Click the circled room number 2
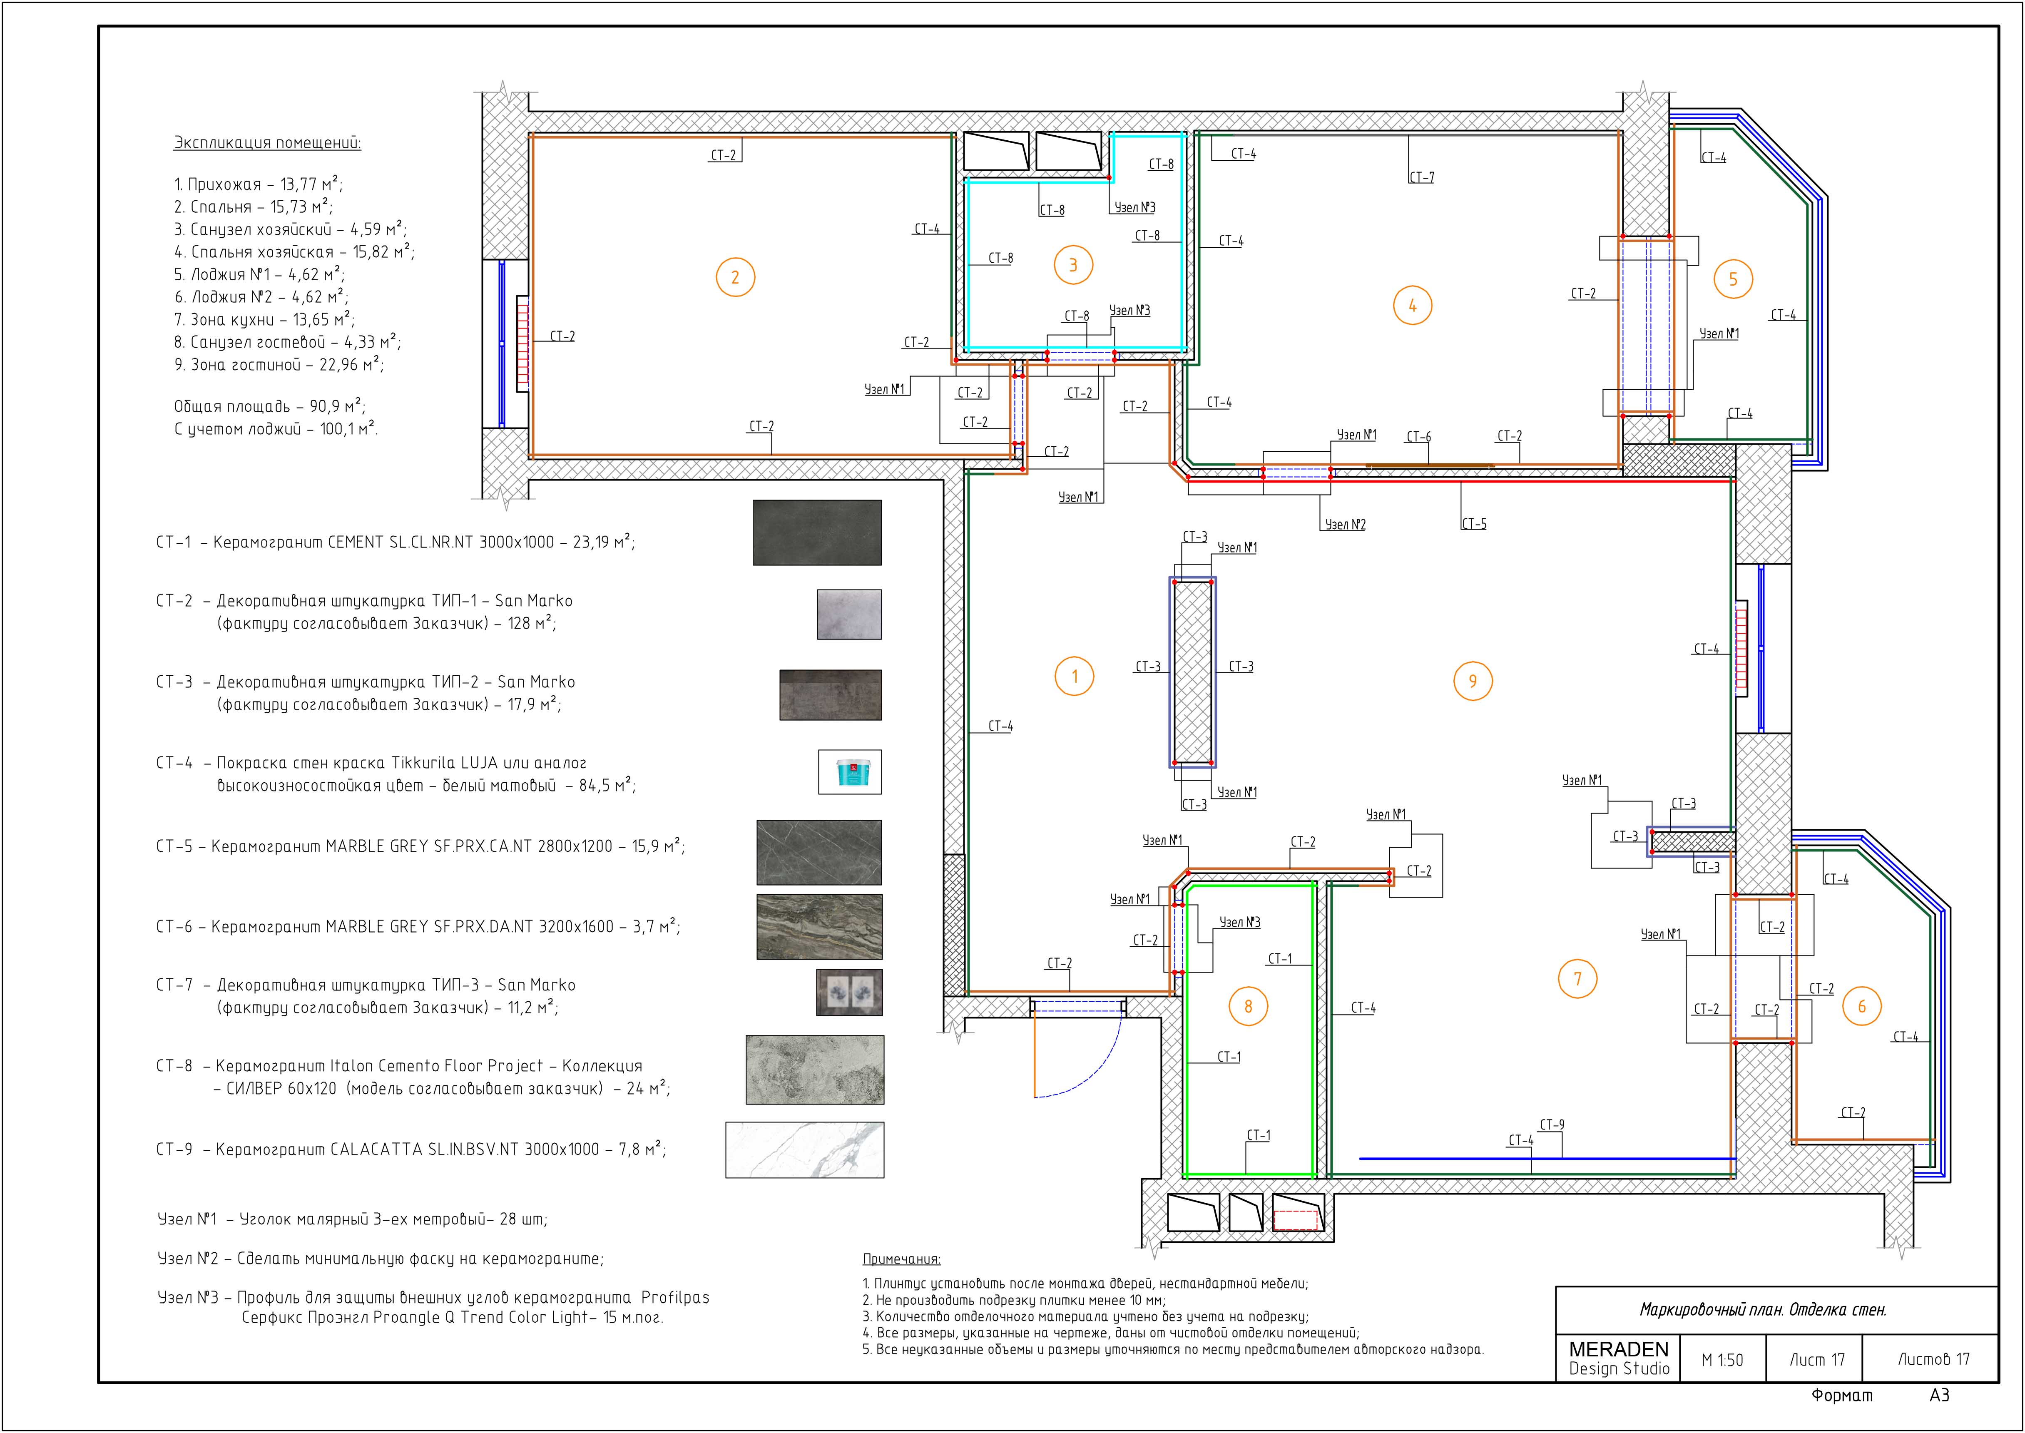click(735, 277)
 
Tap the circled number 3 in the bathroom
click(1073, 265)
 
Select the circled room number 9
click(1473, 680)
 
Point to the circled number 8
click(1248, 1006)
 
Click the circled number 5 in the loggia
click(1733, 279)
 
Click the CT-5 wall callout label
click(1473, 523)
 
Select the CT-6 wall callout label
click(1419, 437)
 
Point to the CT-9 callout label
click(1552, 1124)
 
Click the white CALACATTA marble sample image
click(805, 1150)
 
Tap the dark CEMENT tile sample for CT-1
click(817, 533)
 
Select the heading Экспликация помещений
click(267, 143)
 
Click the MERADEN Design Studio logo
click(1619, 1359)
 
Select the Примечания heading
click(902, 1259)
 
